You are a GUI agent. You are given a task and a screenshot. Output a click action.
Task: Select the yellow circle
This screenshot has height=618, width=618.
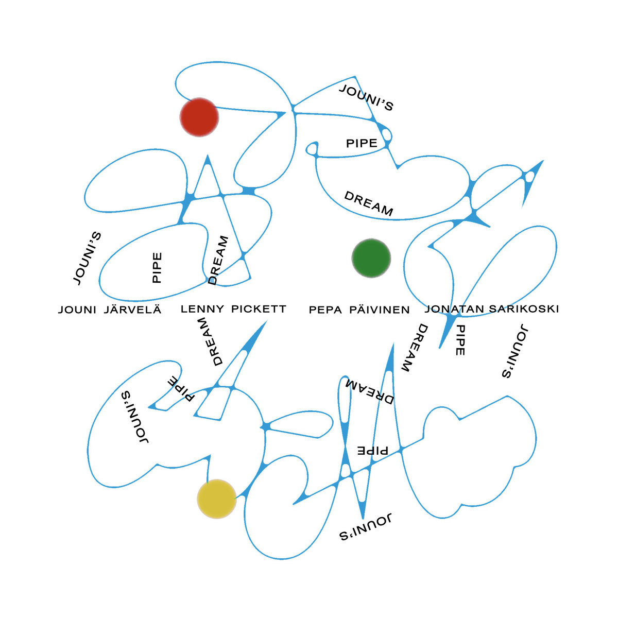click(x=217, y=499)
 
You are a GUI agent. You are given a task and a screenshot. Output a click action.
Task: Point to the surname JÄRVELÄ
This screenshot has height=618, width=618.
click(x=133, y=310)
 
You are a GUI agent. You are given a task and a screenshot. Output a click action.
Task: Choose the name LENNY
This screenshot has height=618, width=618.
click(x=202, y=309)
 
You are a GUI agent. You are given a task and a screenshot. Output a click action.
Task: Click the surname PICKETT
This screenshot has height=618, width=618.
click(x=259, y=309)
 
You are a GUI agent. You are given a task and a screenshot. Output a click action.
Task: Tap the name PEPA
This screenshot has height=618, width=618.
click(x=325, y=310)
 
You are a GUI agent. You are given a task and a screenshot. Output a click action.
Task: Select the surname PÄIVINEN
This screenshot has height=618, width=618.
click(x=380, y=310)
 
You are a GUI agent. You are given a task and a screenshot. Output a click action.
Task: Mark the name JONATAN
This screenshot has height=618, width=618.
click(x=454, y=309)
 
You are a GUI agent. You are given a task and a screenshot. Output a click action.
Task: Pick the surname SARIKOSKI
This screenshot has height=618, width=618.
click(x=524, y=309)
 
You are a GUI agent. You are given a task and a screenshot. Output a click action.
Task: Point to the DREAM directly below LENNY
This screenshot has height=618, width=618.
click(x=215, y=342)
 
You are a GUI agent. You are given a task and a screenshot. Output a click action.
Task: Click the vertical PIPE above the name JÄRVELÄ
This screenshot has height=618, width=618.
click(x=157, y=267)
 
